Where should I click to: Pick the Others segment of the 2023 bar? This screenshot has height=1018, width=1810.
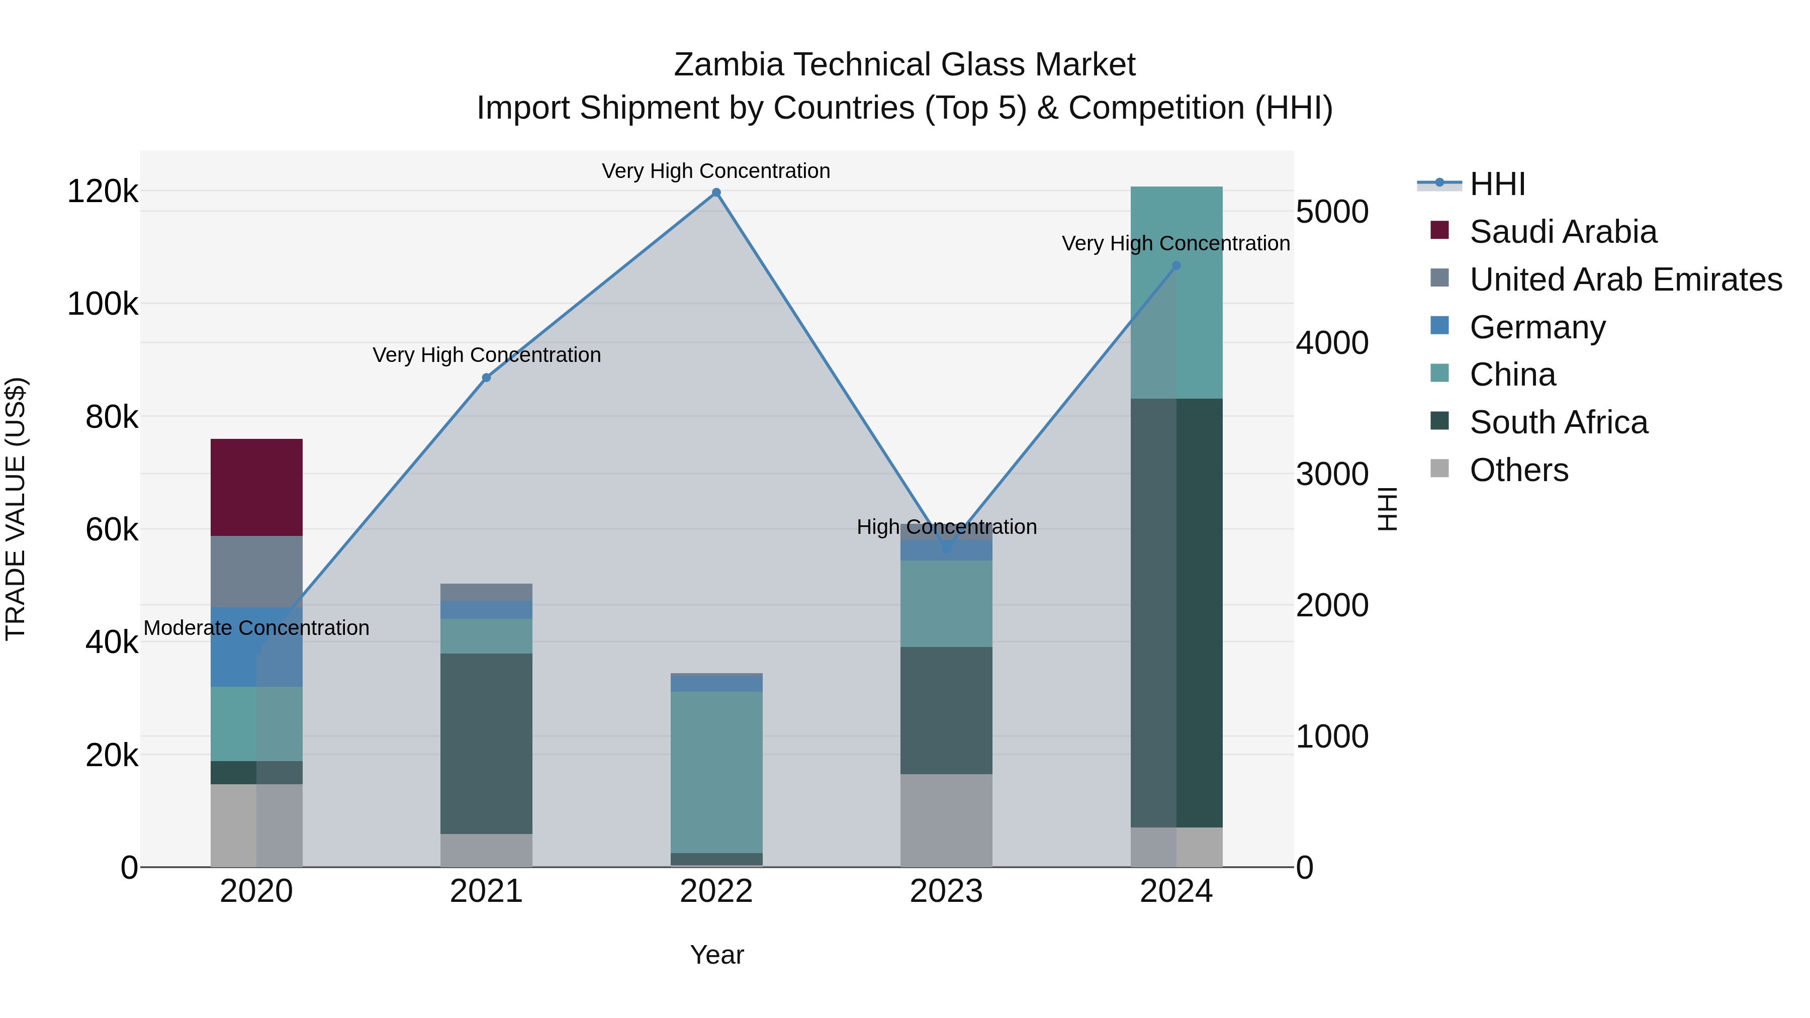tap(946, 820)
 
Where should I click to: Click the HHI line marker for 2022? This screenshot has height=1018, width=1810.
tap(716, 193)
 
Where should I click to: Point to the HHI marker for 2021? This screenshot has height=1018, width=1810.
tap(486, 378)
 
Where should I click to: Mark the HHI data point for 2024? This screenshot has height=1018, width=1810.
tap(1176, 265)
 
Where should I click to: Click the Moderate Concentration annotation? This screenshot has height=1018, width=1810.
tap(256, 627)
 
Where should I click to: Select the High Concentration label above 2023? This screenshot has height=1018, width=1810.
tap(946, 527)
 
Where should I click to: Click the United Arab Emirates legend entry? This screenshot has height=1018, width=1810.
tap(1624, 280)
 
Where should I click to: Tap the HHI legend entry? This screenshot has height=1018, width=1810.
tap(1497, 184)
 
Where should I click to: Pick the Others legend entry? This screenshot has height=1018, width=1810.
tap(1518, 470)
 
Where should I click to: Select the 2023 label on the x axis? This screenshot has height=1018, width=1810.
tap(946, 891)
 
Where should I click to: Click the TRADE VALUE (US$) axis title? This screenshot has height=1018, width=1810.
tap(16, 509)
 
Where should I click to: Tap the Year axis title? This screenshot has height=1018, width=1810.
tap(716, 955)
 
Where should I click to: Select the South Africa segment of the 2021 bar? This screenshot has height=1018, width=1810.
tap(486, 744)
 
